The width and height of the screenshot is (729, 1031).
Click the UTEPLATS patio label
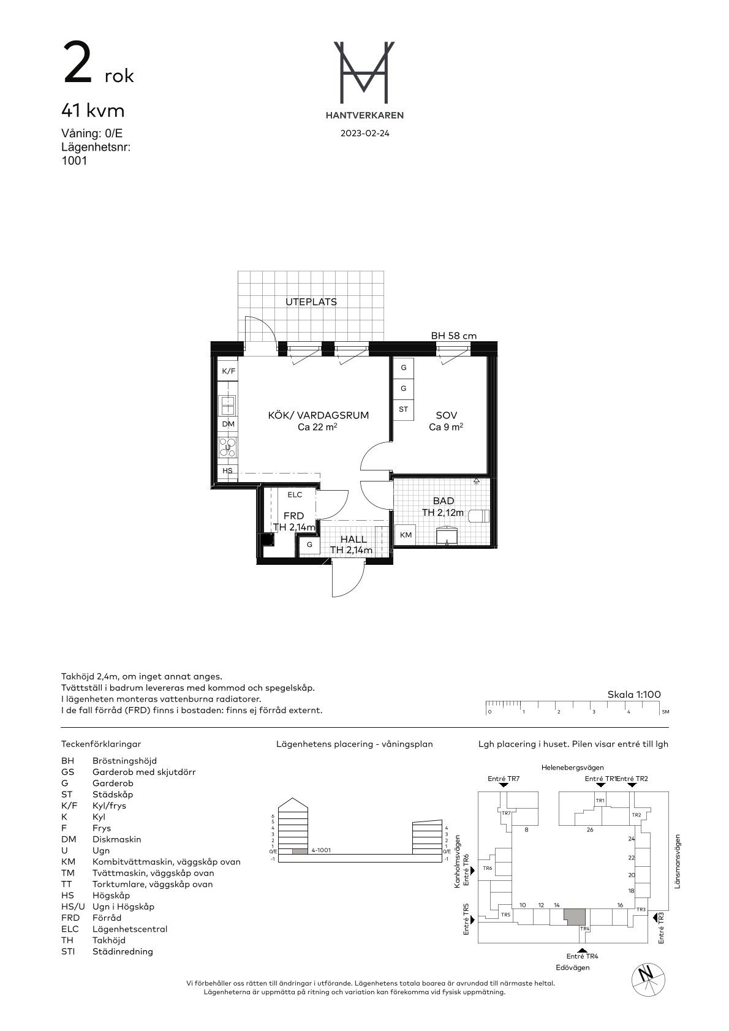point(311,302)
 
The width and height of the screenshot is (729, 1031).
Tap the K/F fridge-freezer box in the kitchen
point(228,371)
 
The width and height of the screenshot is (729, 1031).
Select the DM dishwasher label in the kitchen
point(229,424)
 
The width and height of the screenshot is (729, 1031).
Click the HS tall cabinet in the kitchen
point(228,471)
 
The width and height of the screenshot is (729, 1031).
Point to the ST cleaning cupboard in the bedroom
point(403,409)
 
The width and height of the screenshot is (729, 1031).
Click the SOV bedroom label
point(447,415)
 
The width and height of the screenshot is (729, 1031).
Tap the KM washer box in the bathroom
point(406,535)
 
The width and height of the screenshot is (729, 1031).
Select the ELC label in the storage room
point(295,495)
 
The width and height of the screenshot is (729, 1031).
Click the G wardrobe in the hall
point(309,545)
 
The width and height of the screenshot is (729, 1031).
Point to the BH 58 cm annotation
point(454,336)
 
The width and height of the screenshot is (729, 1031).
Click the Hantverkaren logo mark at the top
point(364,72)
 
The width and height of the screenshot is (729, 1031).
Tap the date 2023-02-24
point(364,134)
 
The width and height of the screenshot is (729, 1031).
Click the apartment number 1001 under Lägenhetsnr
point(74,161)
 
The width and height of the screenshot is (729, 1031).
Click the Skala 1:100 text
point(633,695)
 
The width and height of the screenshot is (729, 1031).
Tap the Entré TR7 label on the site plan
point(504,779)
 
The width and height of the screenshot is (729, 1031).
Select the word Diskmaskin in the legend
point(117,839)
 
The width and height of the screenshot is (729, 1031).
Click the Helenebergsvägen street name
point(573,767)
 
